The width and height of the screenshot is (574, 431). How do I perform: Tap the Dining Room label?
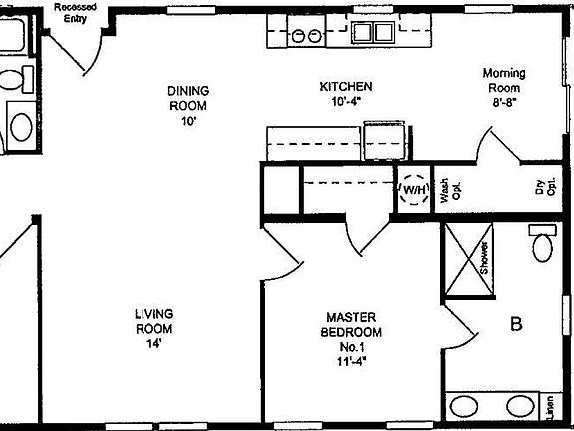pos(188,98)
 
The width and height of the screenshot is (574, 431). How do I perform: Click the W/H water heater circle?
pos(414,189)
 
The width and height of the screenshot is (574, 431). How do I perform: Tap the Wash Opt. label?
pos(445,190)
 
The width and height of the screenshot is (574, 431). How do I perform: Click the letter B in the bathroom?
pos(516,323)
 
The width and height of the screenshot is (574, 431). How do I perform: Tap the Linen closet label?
pos(549,407)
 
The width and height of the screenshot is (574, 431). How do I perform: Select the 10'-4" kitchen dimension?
pos(346,101)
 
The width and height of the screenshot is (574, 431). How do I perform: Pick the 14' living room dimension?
pos(154,343)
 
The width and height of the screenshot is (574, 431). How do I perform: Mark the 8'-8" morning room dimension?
pos(504,101)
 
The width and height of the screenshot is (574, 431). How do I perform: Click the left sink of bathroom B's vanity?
pos(465,406)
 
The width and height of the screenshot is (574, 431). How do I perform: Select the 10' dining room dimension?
pos(188,120)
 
